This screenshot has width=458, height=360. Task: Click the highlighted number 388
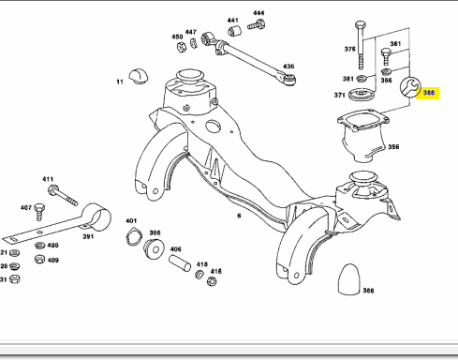coord(429,93)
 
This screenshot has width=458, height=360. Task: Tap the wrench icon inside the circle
coord(409,87)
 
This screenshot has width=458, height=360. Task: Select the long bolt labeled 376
coord(361,45)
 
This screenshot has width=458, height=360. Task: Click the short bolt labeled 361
coord(386,56)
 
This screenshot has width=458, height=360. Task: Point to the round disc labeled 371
coord(361,95)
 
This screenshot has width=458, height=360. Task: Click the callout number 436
coord(288,67)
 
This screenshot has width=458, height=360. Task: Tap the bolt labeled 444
coord(257,24)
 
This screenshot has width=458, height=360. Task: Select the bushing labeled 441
coord(234,31)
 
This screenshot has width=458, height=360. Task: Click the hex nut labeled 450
coord(182,47)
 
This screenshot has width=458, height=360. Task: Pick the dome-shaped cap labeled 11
coord(139,76)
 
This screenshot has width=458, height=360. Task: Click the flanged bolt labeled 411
coord(63,195)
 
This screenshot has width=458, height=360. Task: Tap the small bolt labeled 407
coord(39,212)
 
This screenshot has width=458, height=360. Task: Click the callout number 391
coord(88,236)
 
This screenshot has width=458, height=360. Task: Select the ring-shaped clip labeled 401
coord(134,237)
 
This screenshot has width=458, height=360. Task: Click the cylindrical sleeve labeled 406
coord(180,263)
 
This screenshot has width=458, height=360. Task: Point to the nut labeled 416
coord(212,281)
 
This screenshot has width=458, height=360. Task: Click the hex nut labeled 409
coord(39,259)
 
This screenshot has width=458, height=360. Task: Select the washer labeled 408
coord(39,246)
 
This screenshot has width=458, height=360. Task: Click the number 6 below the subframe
coord(239,216)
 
